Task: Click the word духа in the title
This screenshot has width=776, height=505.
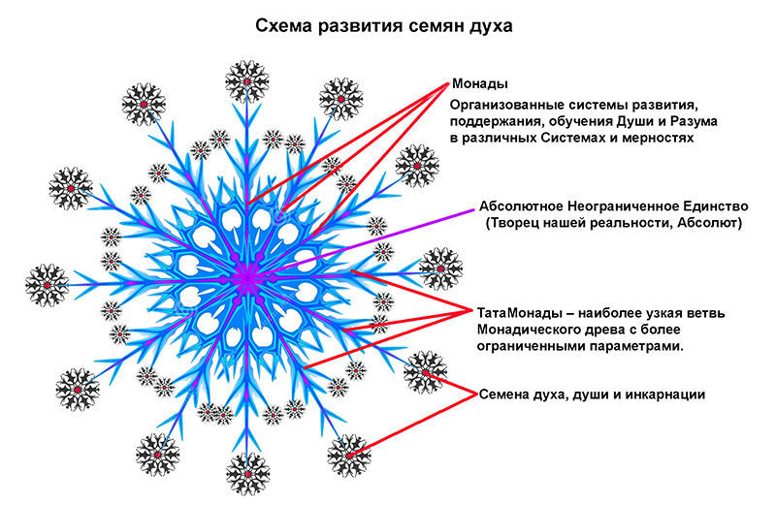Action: click(x=490, y=26)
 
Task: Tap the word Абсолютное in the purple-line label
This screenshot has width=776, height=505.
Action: click(x=522, y=206)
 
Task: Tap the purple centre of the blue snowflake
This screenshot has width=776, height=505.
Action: click(x=246, y=279)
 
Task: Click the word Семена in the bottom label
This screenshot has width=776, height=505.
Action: click(x=504, y=395)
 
